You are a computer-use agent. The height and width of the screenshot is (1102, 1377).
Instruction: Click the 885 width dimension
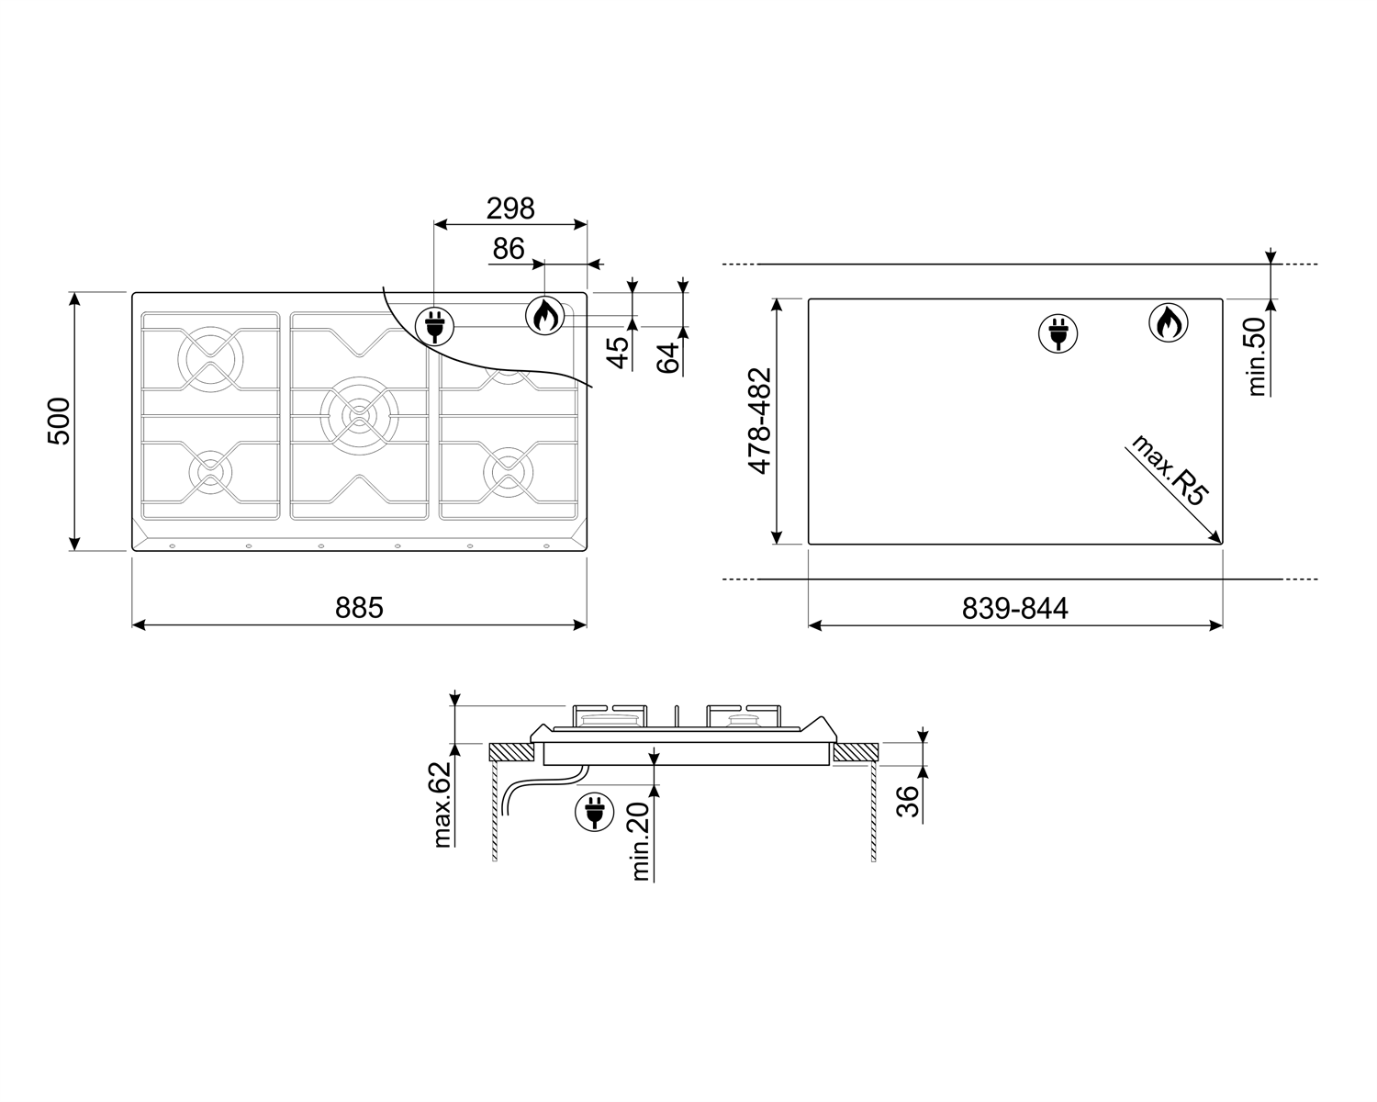pyautogui.click(x=359, y=608)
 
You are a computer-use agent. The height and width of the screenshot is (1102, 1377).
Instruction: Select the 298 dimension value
pyautogui.click(x=510, y=208)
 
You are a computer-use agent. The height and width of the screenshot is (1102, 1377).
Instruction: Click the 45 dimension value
pyautogui.click(x=621, y=353)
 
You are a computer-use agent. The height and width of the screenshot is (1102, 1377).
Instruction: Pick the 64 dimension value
pyautogui.click(x=670, y=356)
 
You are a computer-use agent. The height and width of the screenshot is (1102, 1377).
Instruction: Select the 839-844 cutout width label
pyautogui.click(x=1014, y=609)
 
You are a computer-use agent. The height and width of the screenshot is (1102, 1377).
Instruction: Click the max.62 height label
pyautogui.click(x=443, y=804)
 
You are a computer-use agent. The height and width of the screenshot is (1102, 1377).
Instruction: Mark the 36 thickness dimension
pyautogui.click(x=907, y=802)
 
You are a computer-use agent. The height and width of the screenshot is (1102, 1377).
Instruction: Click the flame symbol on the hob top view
pyautogui.click(x=543, y=316)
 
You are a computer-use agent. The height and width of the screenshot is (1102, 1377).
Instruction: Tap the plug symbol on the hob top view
pyautogui.click(x=434, y=325)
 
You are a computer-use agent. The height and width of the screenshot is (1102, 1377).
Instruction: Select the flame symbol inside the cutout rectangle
pyautogui.click(x=1169, y=322)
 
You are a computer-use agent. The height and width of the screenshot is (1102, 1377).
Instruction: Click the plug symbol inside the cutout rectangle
pyautogui.click(x=1058, y=332)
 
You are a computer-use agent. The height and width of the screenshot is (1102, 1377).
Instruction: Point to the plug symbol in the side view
pyautogui.click(x=593, y=812)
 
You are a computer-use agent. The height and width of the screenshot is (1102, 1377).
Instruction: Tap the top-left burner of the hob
pyautogui.click(x=210, y=353)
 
